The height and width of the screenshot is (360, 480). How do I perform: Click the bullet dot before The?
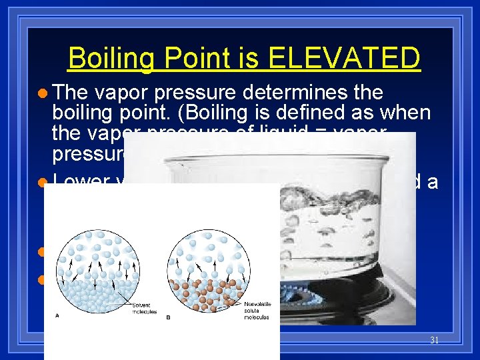[x=42, y=93]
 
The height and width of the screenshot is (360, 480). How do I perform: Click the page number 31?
[x=434, y=340]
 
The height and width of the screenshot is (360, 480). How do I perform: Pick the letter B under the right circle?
[x=168, y=318]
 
